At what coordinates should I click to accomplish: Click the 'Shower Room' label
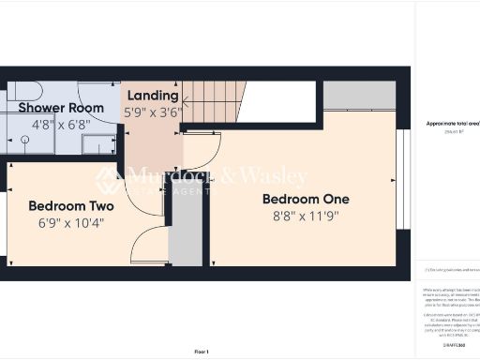(x=61, y=108)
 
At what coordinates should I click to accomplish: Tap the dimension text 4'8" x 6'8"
(x=61, y=123)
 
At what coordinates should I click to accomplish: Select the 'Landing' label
(x=152, y=96)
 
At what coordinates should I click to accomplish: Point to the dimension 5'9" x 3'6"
(x=152, y=112)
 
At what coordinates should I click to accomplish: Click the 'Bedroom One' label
(x=306, y=199)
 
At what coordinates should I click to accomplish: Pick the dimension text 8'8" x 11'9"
(x=306, y=215)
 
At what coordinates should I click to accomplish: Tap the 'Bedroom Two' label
(x=71, y=206)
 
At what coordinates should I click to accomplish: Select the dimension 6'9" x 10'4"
(x=71, y=222)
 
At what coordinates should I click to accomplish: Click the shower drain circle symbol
(x=25, y=138)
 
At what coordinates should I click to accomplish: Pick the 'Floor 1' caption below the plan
(x=202, y=352)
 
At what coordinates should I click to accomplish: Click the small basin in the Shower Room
(x=97, y=143)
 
